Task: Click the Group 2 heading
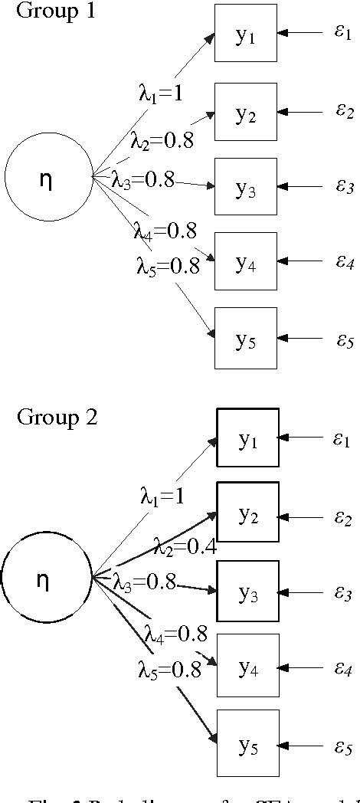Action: [57, 418]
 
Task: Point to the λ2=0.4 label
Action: [185, 547]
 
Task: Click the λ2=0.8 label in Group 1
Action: [161, 139]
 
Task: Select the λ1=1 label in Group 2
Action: [162, 496]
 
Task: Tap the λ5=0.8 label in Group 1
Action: [168, 266]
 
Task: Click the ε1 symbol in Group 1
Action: [342, 34]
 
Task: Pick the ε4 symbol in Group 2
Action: [342, 670]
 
